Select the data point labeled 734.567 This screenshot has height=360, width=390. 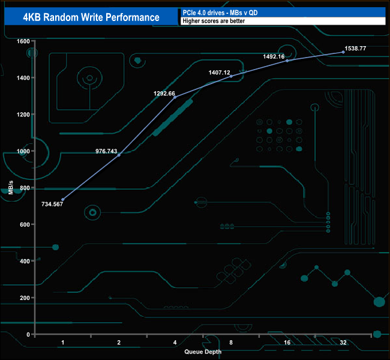click(x=63, y=199)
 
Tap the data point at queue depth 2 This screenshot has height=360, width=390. click(x=119, y=155)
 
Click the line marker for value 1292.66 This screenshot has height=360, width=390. click(x=175, y=97)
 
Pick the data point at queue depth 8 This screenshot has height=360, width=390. click(x=231, y=76)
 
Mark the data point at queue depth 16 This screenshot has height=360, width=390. click(x=287, y=61)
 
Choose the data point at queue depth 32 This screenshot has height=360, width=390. click(x=343, y=52)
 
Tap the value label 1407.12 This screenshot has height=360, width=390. click(x=220, y=72)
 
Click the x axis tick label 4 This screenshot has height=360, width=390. click(x=175, y=342)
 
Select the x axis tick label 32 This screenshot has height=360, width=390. click(x=343, y=342)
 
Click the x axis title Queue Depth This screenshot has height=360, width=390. click(x=203, y=352)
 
